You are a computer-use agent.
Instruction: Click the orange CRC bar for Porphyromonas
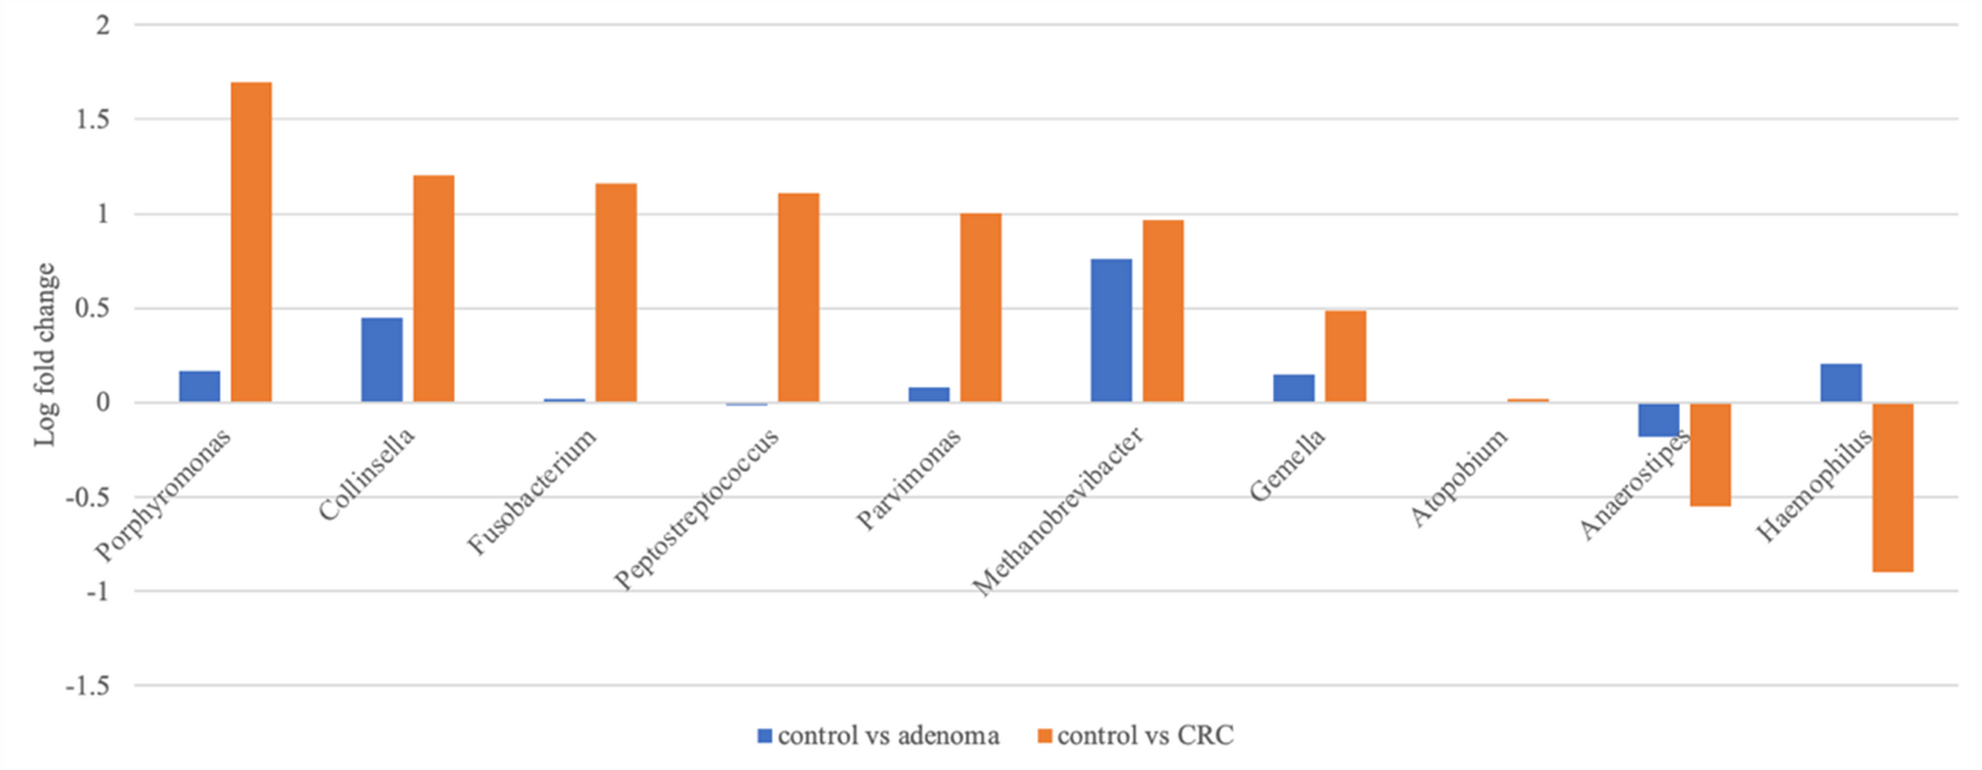pyautogui.click(x=251, y=242)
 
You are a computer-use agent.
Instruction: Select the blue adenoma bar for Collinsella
pyautogui.click(x=382, y=359)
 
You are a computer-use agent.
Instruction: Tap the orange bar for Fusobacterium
pyautogui.click(x=616, y=292)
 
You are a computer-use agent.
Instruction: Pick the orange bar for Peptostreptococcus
pyautogui.click(x=799, y=297)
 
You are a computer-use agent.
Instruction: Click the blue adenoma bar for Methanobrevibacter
pyautogui.click(x=1111, y=331)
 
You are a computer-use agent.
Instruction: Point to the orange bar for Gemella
pyautogui.click(x=1345, y=356)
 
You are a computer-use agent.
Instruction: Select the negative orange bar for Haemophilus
pyautogui.click(x=1893, y=488)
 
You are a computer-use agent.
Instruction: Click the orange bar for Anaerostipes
pyautogui.click(x=1711, y=455)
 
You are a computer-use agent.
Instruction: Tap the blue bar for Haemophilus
pyautogui.click(x=1841, y=383)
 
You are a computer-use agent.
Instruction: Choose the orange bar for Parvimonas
pyautogui.click(x=981, y=308)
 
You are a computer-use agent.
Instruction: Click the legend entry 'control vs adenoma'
pyautogui.click(x=878, y=735)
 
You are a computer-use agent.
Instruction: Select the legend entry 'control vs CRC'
pyautogui.click(x=1136, y=735)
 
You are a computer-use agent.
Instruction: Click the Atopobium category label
pyautogui.click(x=1458, y=478)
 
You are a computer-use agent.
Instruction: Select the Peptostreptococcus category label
pyautogui.click(x=696, y=508)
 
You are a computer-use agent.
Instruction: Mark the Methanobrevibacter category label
pyautogui.click(x=1058, y=511)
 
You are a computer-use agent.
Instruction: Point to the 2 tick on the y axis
pyautogui.click(x=102, y=26)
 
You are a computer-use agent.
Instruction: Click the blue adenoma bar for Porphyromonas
pyautogui.click(x=199, y=386)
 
